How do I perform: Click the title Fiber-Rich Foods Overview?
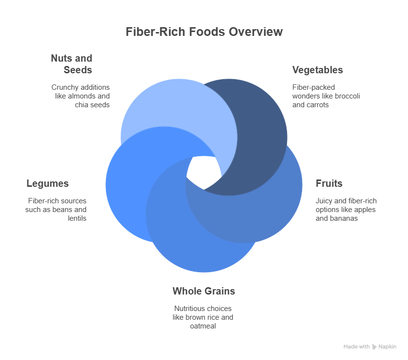pos(204,32)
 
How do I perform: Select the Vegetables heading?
pos(317,70)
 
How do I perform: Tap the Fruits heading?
pos(329,183)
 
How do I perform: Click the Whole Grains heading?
pos(204,291)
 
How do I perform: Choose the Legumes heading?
pos(48,183)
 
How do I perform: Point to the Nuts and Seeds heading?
pos(72,64)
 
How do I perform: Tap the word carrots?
pos(318,105)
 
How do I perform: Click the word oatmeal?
pos(203,326)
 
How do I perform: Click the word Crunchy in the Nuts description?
pos(65,87)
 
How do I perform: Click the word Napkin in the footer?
pos(388,347)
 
